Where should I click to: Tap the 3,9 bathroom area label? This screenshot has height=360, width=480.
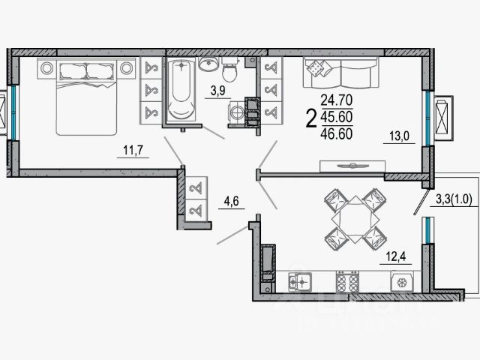click(x=217, y=91)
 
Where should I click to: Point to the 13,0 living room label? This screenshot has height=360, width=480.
click(x=398, y=136)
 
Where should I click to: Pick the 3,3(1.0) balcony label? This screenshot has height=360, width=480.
click(x=453, y=199)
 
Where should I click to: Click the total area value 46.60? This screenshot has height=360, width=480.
click(x=335, y=133)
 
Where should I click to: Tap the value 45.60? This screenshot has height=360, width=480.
click(x=335, y=116)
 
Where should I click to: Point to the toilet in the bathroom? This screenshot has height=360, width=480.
click(x=231, y=71)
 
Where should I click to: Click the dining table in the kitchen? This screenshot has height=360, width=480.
click(x=352, y=218)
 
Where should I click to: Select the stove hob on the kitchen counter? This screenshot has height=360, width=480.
click(x=346, y=283)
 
